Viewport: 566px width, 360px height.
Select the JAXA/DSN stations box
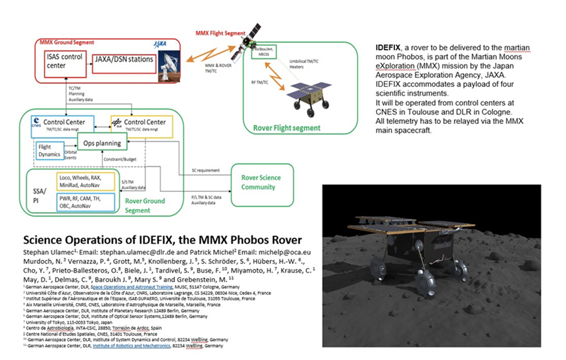[123, 60]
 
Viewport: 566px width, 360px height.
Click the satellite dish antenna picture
[170, 66]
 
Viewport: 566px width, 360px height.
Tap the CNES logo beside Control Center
[37, 123]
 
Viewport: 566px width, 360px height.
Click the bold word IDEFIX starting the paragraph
[389, 46]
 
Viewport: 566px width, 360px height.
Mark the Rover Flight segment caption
[287, 128]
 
